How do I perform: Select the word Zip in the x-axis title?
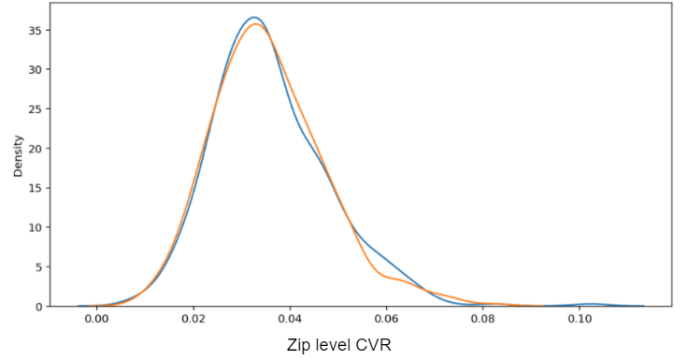[x=298, y=345]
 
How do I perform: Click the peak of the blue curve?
[x=253, y=17]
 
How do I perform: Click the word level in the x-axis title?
[x=333, y=345]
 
